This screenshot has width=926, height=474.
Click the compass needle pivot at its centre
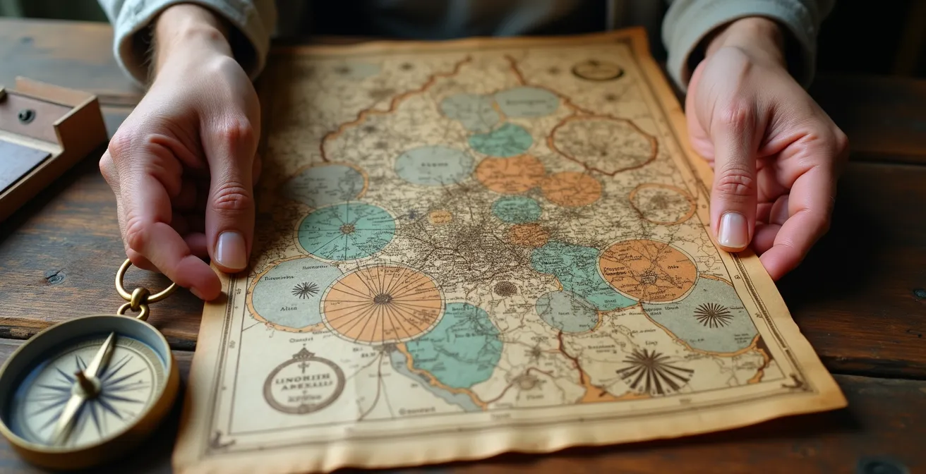(x=87, y=385)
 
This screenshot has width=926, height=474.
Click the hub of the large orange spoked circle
(x=383, y=299)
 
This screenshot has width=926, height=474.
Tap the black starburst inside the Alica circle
(x=306, y=290)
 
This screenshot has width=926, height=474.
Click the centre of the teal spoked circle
(x=347, y=229)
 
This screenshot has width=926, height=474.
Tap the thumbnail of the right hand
(x=732, y=231)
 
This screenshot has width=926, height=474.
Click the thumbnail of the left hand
(x=231, y=250)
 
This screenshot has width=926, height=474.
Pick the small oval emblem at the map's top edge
(x=597, y=70)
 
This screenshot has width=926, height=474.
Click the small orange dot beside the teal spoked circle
(x=439, y=217)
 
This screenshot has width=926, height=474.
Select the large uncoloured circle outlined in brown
(x=602, y=143)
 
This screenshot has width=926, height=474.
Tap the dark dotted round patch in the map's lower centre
(x=505, y=288)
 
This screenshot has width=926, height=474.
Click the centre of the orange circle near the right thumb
(x=647, y=270)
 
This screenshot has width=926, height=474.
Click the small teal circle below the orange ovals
(x=517, y=209)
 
